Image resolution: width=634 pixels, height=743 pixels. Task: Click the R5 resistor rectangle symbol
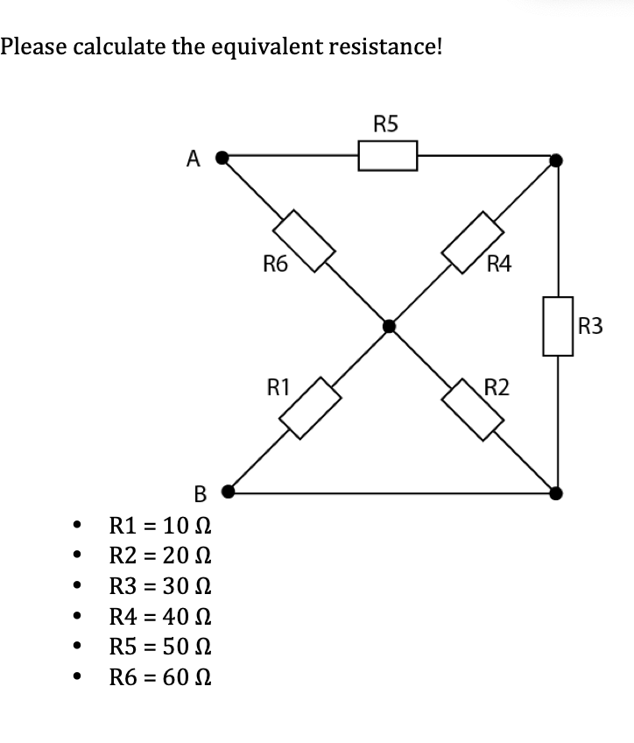pyautogui.click(x=387, y=158)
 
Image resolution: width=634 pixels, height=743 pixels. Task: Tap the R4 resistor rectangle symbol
pyautogui.click(x=473, y=241)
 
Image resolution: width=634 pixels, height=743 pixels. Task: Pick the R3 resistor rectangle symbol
pyautogui.click(x=558, y=326)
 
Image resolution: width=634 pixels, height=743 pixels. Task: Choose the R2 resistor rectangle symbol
pyautogui.click(x=473, y=407)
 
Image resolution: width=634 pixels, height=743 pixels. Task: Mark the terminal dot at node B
pyautogui.click(x=228, y=492)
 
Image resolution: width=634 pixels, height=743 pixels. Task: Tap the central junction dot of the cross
pyautogui.click(x=389, y=327)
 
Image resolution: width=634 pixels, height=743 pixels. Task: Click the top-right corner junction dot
pyautogui.click(x=556, y=160)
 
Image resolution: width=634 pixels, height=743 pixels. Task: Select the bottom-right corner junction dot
pyautogui.click(x=556, y=493)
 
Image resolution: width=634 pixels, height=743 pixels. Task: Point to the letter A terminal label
pyautogui.click(x=194, y=159)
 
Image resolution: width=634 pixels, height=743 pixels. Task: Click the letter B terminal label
pyautogui.click(x=199, y=495)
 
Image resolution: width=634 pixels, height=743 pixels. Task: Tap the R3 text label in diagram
pyautogui.click(x=591, y=327)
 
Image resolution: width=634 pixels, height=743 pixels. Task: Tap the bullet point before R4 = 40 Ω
pyautogui.click(x=81, y=618)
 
